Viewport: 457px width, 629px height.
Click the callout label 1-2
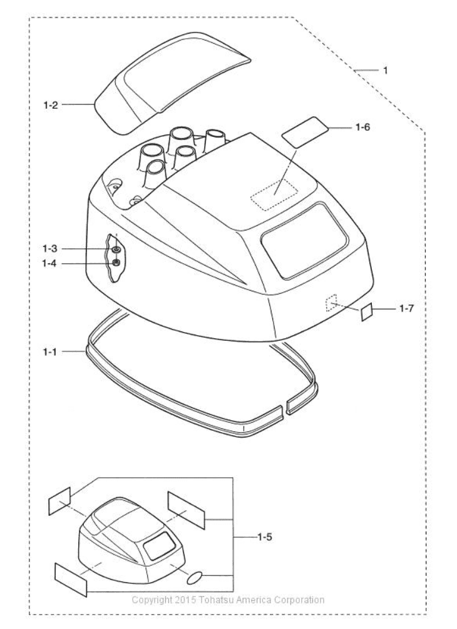pyautogui.click(x=51, y=105)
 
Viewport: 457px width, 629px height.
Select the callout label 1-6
pyautogui.click(x=362, y=127)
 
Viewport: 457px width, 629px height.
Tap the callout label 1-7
pyautogui.click(x=406, y=308)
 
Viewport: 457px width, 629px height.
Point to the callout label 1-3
pyautogui.click(x=50, y=249)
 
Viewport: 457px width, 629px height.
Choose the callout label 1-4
pyautogui.click(x=50, y=264)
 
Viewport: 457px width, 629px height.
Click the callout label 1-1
pyautogui.click(x=50, y=352)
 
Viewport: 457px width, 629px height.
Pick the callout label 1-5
pyautogui.click(x=264, y=536)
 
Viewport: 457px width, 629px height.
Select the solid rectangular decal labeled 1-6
pyautogui.click(x=306, y=132)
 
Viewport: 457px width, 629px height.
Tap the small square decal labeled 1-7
pyautogui.click(x=367, y=312)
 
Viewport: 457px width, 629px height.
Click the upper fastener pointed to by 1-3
pyautogui.click(x=116, y=249)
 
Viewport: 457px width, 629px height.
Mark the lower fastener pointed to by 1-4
pyautogui.click(x=116, y=263)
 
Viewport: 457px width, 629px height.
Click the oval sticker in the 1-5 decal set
pyautogui.click(x=195, y=578)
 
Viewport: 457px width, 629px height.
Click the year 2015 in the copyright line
pyautogui.click(x=185, y=600)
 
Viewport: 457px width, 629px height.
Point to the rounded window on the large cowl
pyautogui.click(x=304, y=241)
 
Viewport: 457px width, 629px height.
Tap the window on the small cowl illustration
pyautogui.click(x=160, y=546)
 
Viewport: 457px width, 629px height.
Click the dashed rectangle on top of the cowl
pyautogui.click(x=274, y=194)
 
